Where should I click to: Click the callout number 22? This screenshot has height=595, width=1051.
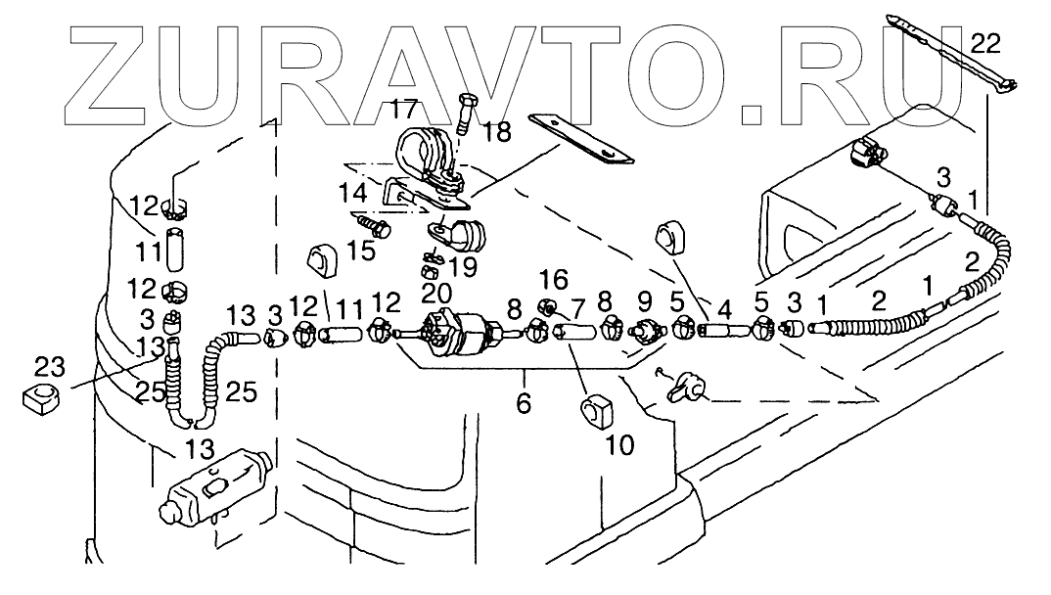pos(987,42)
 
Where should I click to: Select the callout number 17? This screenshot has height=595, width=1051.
pos(404,110)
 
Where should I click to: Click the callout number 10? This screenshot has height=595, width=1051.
pos(619,445)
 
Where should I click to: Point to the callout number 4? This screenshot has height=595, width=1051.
pos(724,309)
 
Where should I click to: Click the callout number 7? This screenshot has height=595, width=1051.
pos(578,309)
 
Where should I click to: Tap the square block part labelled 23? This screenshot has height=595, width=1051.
pos(40,397)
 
